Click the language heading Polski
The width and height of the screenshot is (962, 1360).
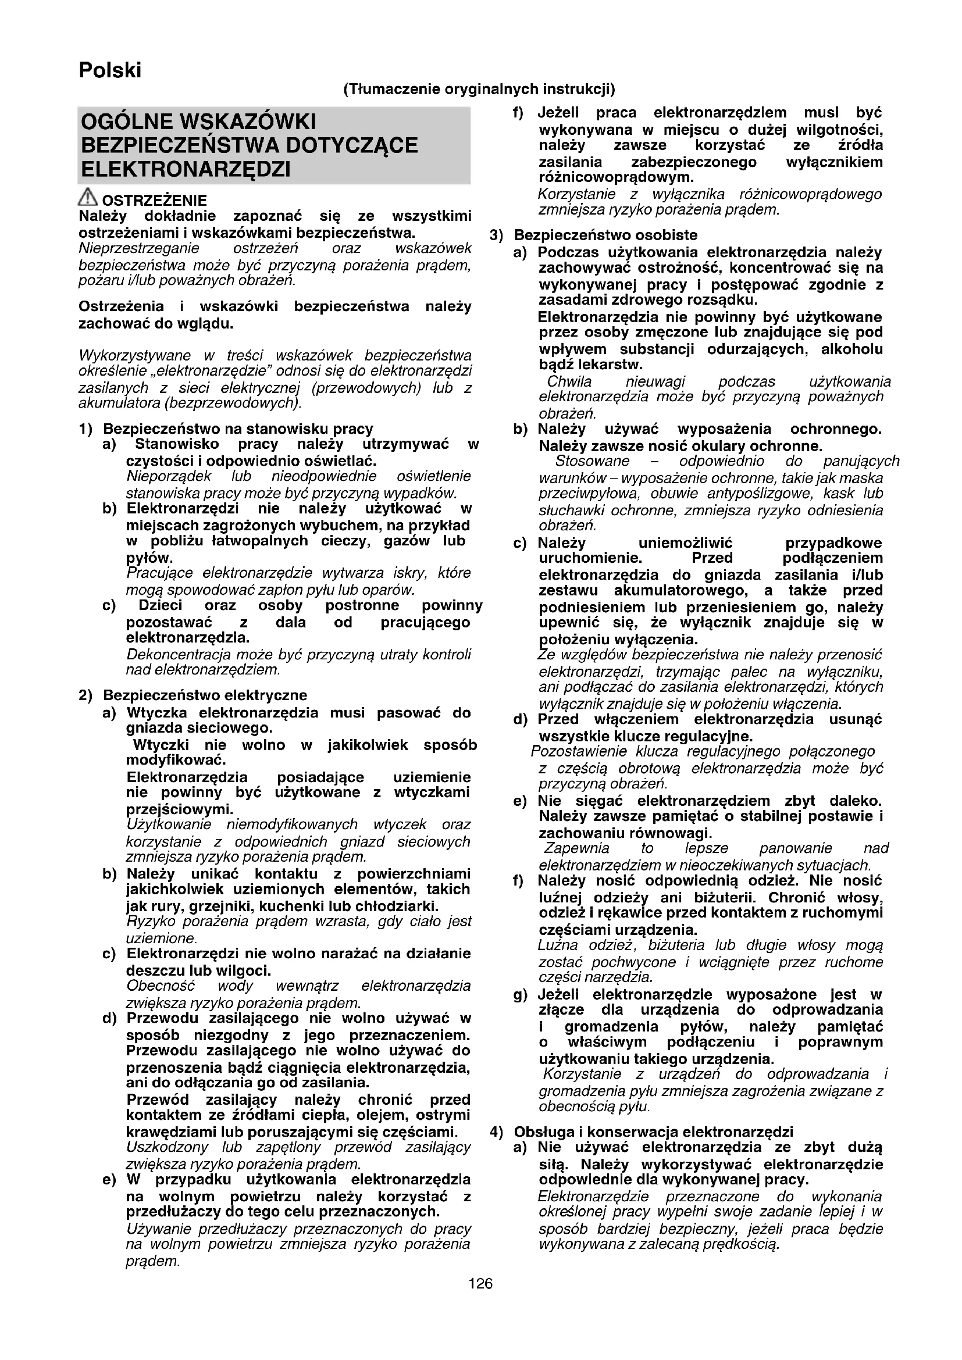pyautogui.click(x=110, y=70)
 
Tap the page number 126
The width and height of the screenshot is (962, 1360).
pyautogui.click(x=480, y=1283)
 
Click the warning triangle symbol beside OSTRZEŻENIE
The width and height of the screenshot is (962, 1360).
pyautogui.click(x=88, y=196)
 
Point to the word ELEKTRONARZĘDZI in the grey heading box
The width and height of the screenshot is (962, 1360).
pyautogui.click(x=186, y=169)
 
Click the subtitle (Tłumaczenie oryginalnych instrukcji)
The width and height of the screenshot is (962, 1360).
pyautogui.click(x=479, y=90)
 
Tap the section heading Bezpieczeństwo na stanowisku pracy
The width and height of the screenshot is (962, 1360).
pyautogui.click(x=238, y=429)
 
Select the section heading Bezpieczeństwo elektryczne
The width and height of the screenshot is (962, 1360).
pyautogui.click(x=205, y=695)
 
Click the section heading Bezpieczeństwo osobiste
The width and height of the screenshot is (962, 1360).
pyautogui.click(x=605, y=235)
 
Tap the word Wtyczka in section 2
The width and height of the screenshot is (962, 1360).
pyautogui.click(x=156, y=713)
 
